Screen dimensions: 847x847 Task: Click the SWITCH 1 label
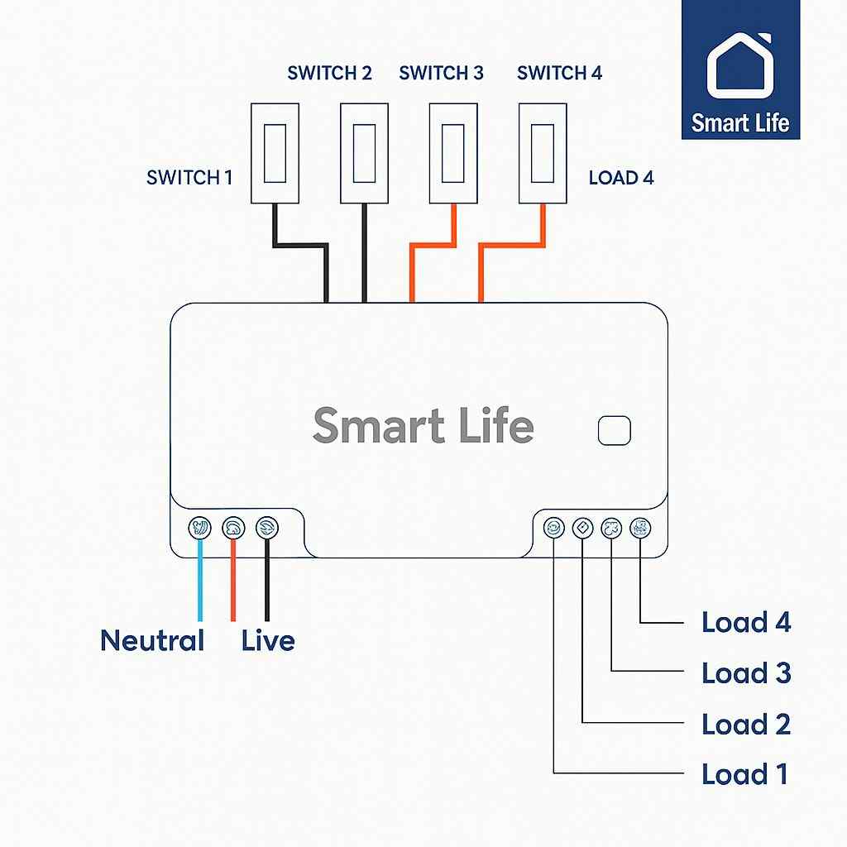189,177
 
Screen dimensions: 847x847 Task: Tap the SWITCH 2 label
329,73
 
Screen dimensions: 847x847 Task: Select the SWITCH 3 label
441,73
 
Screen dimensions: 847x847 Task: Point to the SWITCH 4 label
559,73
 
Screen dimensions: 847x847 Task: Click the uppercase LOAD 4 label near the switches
620,177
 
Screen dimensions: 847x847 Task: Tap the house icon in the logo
740,65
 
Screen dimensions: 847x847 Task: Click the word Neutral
152,640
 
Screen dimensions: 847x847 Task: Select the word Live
268,640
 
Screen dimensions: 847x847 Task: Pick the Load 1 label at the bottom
744,774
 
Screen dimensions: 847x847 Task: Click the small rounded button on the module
614,430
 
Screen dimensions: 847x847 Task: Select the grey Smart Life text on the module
423,426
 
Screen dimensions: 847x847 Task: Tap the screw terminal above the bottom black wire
266,527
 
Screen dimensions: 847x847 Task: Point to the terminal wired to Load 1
553,527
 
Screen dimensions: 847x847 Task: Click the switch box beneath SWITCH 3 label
453,153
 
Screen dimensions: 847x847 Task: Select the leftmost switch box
275,153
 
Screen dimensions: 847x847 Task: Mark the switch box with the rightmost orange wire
543,153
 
